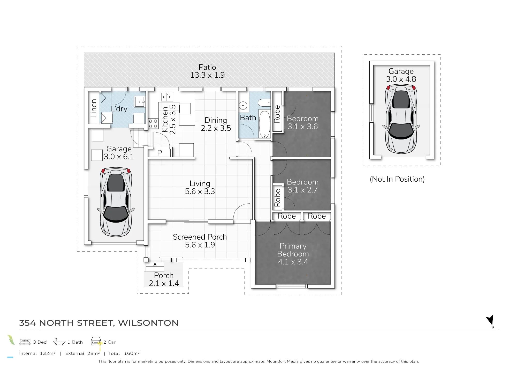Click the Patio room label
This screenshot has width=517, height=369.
[207, 67]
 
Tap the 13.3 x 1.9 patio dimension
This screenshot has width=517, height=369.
[207, 75]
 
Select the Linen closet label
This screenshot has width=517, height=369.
[94, 108]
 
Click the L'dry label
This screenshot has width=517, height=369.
[119, 109]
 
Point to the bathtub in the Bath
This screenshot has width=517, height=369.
[264, 124]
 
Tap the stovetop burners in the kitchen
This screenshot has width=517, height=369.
[153, 124]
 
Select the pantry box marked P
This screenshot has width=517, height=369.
[159, 153]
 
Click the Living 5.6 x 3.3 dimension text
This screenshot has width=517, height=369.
[200, 191]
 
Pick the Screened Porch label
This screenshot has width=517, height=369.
[200, 237]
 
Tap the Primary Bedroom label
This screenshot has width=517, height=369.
[293, 250]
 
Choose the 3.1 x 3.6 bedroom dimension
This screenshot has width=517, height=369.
[303, 127]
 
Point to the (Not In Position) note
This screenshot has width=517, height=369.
[397, 179]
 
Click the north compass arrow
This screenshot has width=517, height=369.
[490, 320]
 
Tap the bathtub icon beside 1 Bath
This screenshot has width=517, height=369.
[59, 342]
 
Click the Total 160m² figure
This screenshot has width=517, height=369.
[124, 353]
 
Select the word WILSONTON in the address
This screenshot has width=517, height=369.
[148, 323]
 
